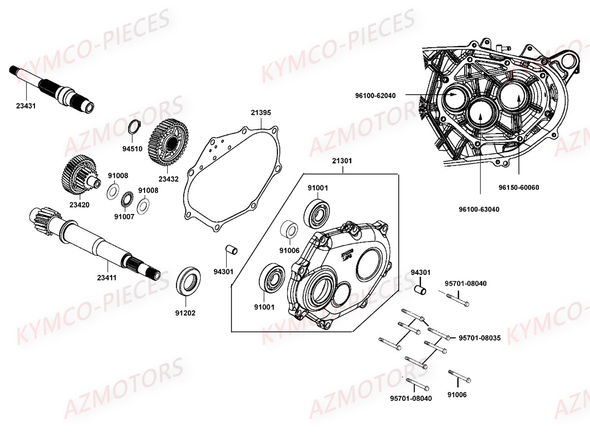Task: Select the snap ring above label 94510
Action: click(x=134, y=127)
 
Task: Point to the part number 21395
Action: click(x=261, y=112)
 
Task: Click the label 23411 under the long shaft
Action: click(x=106, y=277)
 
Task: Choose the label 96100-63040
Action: click(x=480, y=209)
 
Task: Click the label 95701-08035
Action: click(x=479, y=338)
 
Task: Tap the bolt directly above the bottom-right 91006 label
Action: click(x=460, y=377)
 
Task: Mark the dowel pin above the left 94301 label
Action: click(x=231, y=249)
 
